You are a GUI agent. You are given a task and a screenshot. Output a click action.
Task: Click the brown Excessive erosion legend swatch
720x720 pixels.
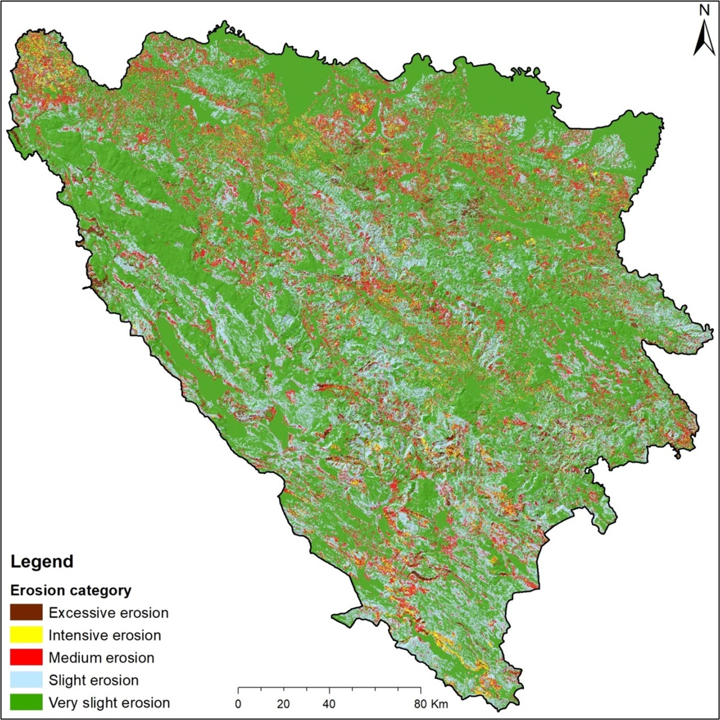point(26,612)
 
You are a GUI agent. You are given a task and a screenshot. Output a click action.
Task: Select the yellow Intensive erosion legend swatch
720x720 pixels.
point(26,635)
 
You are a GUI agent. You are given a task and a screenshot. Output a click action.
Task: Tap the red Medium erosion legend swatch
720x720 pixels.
point(26,658)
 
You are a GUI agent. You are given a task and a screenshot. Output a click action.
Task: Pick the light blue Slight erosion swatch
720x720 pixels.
point(26,680)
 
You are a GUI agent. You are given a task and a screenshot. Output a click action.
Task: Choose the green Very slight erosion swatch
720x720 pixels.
point(26,703)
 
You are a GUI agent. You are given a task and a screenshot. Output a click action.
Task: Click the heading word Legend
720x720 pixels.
point(42,562)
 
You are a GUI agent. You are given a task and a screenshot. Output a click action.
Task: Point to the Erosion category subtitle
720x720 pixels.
point(71,590)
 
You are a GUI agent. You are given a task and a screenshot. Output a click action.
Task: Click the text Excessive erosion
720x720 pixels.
point(109,613)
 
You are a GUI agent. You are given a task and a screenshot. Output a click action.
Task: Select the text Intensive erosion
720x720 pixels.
point(105,636)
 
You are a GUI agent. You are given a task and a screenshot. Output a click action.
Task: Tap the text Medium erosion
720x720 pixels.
point(101,658)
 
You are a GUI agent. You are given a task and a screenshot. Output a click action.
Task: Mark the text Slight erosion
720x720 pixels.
point(93,681)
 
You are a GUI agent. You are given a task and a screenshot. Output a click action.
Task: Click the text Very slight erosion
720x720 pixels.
point(109,703)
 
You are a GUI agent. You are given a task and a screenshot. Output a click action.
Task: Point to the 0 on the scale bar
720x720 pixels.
point(238,704)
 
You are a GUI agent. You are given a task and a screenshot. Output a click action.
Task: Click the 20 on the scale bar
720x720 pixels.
point(283,704)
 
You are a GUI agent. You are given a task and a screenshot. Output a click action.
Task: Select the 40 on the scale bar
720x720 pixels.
point(330,704)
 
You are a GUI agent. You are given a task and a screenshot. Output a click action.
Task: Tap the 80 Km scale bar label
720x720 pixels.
point(430,704)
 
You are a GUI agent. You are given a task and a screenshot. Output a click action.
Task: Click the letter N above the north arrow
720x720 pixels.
point(704,11)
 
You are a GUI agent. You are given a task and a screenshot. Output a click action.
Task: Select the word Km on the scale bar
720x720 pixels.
point(439,704)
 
